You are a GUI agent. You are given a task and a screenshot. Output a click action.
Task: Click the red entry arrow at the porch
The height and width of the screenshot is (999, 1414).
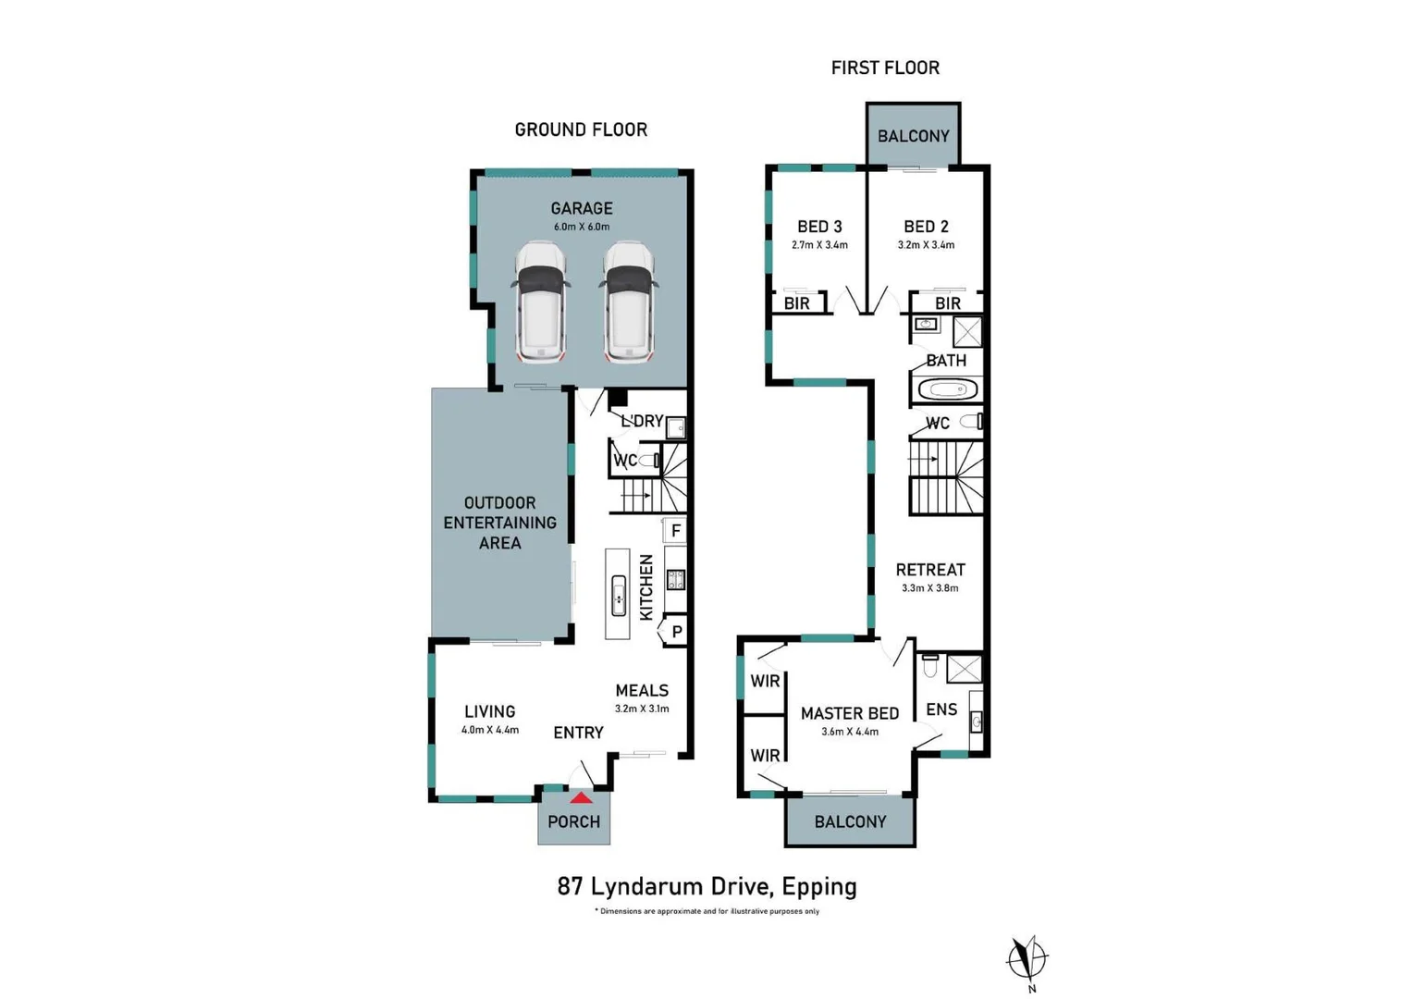pos(581,797)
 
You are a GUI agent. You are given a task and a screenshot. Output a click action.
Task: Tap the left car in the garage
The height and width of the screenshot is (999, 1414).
pos(541,302)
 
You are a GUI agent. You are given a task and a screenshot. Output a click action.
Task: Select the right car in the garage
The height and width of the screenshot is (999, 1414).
pos(629,302)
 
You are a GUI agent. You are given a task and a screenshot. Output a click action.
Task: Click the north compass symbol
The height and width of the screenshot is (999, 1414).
pos(1027,958)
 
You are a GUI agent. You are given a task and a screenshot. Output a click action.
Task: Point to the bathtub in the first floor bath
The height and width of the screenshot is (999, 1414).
pos(946,389)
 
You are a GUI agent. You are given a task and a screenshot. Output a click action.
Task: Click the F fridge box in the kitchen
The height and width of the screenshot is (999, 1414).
pos(676,530)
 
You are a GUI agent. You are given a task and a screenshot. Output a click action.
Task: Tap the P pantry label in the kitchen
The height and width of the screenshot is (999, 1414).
pos(677,632)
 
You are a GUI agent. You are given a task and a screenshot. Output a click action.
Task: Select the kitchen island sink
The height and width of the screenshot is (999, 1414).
pos(619,595)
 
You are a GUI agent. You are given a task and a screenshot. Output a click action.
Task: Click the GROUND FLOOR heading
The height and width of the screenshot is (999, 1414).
pos(581,129)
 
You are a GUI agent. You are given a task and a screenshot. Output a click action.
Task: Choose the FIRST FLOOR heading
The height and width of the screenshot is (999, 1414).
pos(885,68)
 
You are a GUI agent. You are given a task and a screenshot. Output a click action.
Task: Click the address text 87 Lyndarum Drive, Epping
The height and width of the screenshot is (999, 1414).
pos(707,886)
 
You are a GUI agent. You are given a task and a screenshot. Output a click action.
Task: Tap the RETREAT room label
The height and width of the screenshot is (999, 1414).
pos(930,570)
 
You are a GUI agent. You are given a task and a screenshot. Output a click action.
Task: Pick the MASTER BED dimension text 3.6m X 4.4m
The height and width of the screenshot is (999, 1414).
pos(850,732)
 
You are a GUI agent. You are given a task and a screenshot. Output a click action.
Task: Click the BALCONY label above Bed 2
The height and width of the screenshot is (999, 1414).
pos(914,136)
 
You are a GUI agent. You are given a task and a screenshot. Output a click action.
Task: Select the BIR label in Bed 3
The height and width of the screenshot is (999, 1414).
pos(796,303)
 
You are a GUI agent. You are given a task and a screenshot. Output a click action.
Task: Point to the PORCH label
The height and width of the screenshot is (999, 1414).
pos(573,821)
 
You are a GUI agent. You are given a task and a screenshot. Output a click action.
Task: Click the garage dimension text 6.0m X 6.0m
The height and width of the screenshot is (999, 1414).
pos(582,227)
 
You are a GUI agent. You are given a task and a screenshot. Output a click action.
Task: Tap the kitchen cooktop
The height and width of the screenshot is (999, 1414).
pos(676,580)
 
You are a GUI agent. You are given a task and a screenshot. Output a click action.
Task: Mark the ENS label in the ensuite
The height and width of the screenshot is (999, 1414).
pos(941,709)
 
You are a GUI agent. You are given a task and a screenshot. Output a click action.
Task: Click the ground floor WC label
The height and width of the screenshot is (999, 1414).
pos(625,461)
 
